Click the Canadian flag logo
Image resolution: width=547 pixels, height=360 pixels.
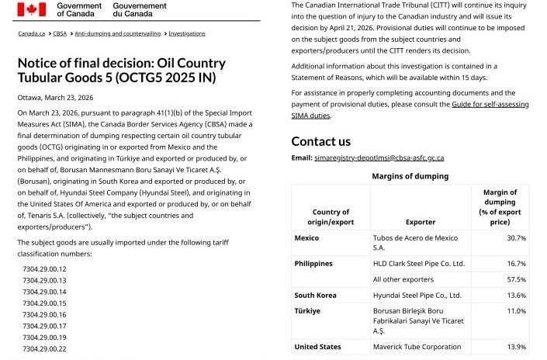pyautogui.click(x=33, y=9)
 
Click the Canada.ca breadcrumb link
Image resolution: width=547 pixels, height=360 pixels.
pyautogui.click(x=31, y=33)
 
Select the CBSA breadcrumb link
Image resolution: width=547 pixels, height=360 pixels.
pyautogui.click(x=59, y=33)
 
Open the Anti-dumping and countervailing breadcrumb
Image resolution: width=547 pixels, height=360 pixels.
pyautogui.click(x=118, y=33)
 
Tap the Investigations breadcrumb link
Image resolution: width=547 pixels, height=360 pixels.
pyautogui.click(x=186, y=33)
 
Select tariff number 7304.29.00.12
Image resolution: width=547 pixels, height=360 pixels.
pyautogui.click(x=44, y=268)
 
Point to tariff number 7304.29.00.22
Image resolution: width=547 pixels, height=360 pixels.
pyautogui.click(x=44, y=349)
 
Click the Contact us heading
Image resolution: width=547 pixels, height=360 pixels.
pyautogui.click(x=320, y=141)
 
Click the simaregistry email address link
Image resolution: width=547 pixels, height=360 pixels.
pyautogui.click(x=379, y=157)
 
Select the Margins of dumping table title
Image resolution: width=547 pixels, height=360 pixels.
pyautogui.click(x=409, y=176)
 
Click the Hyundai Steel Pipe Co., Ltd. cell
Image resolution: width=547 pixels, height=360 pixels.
pyautogui.click(x=417, y=295)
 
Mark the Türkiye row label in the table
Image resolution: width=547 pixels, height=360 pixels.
pyautogui.click(x=307, y=310)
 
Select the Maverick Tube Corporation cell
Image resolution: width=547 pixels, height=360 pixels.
pyautogui.click(x=417, y=347)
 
